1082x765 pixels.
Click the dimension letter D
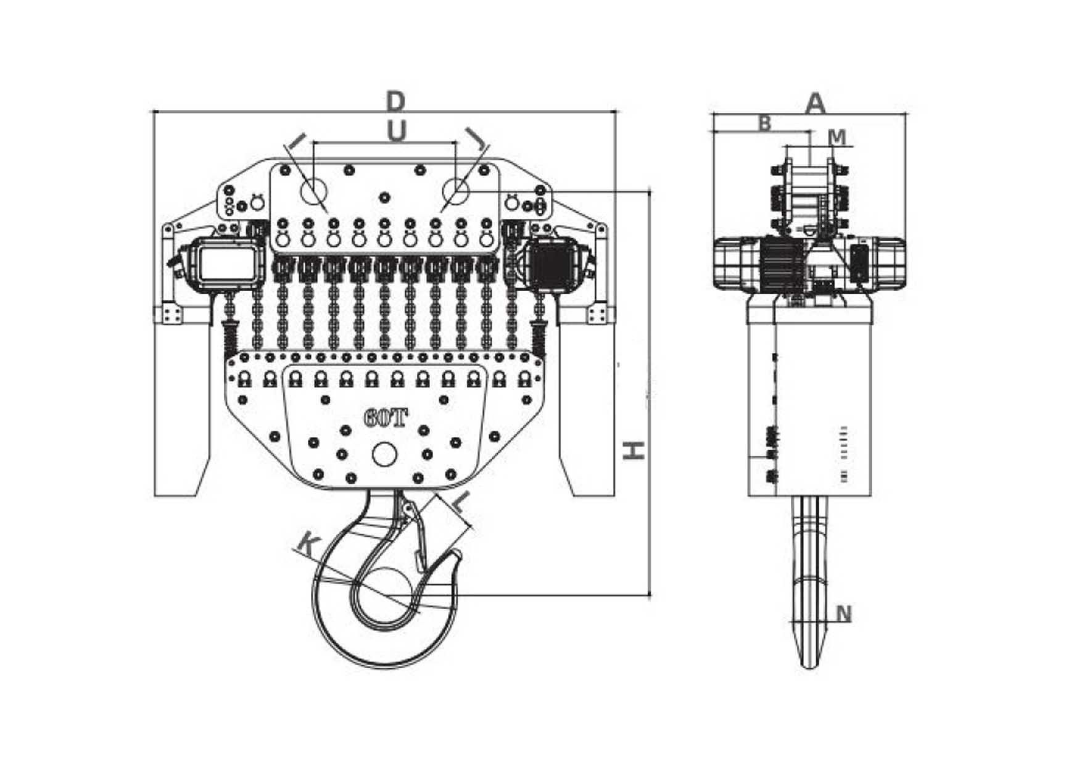click(395, 101)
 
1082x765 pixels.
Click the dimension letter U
click(397, 131)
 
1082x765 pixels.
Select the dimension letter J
click(475, 139)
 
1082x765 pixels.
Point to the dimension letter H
click(634, 450)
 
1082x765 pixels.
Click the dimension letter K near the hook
click(308, 545)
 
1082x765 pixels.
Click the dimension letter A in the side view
click(816, 103)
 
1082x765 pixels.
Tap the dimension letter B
click(764, 123)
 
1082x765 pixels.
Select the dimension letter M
click(836, 137)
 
